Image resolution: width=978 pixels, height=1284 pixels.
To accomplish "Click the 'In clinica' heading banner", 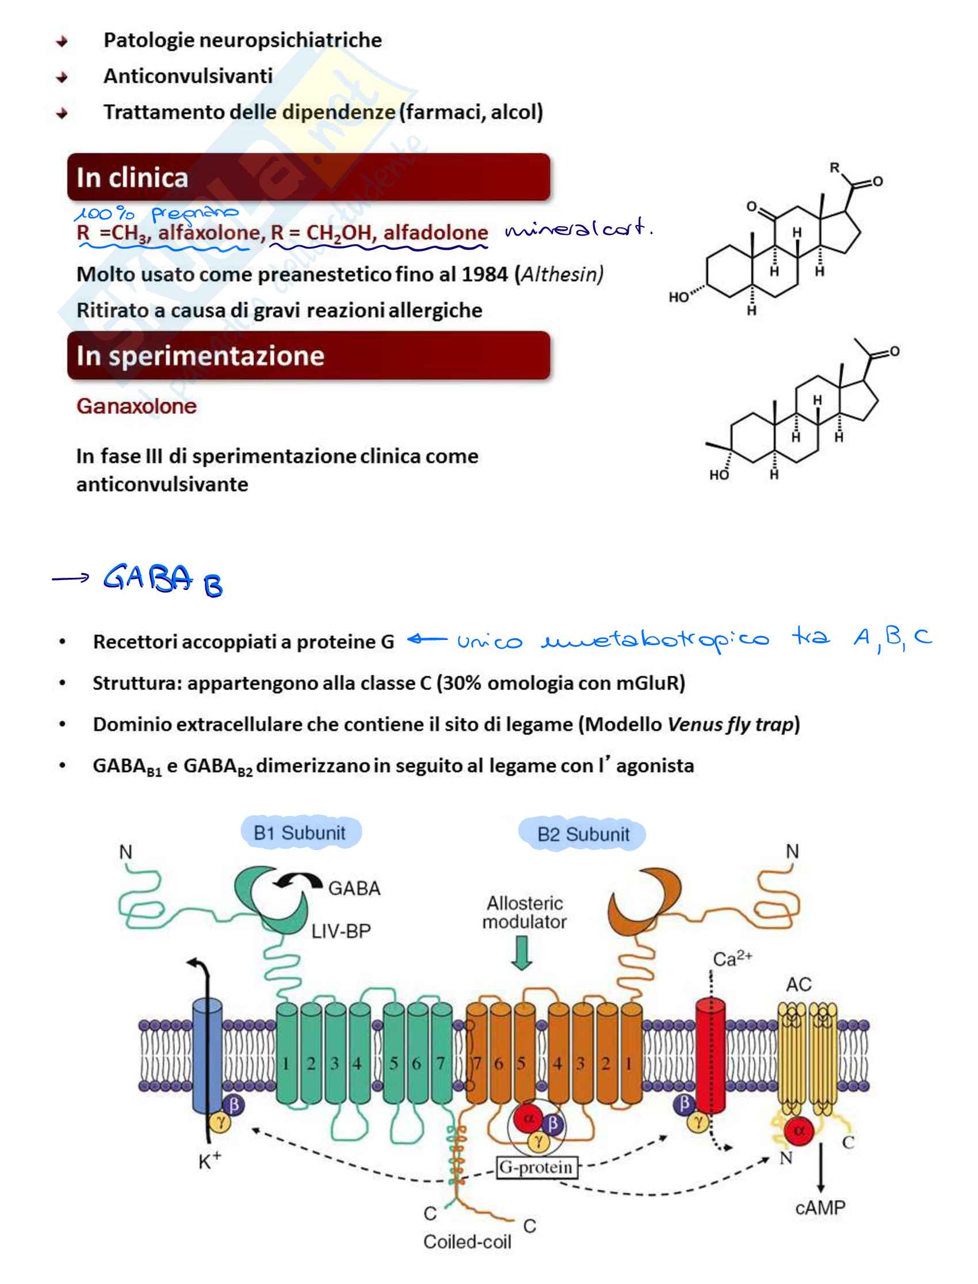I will click(308, 177).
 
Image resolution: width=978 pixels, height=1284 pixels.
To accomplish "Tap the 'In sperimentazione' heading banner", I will click(308, 355).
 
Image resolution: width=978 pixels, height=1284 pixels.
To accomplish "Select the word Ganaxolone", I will click(136, 406).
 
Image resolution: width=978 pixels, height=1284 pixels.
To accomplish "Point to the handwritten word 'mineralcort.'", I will click(578, 228).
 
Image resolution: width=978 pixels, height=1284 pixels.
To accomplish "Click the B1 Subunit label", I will click(300, 833).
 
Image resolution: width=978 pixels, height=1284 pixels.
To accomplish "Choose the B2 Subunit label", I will click(583, 834).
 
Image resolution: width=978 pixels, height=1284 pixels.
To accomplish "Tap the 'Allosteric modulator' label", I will click(525, 912).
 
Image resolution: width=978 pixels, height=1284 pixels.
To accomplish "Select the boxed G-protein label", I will click(536, 1167).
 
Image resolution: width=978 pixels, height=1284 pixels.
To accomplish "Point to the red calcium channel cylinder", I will click(710, 1054).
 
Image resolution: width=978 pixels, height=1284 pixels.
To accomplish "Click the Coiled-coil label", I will click(468, 1241).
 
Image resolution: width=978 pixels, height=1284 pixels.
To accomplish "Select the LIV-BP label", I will click(341, 931).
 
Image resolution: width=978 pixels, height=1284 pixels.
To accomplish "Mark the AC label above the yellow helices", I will click(799, 984).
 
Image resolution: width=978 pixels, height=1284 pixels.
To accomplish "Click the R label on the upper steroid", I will click(834, 168).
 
